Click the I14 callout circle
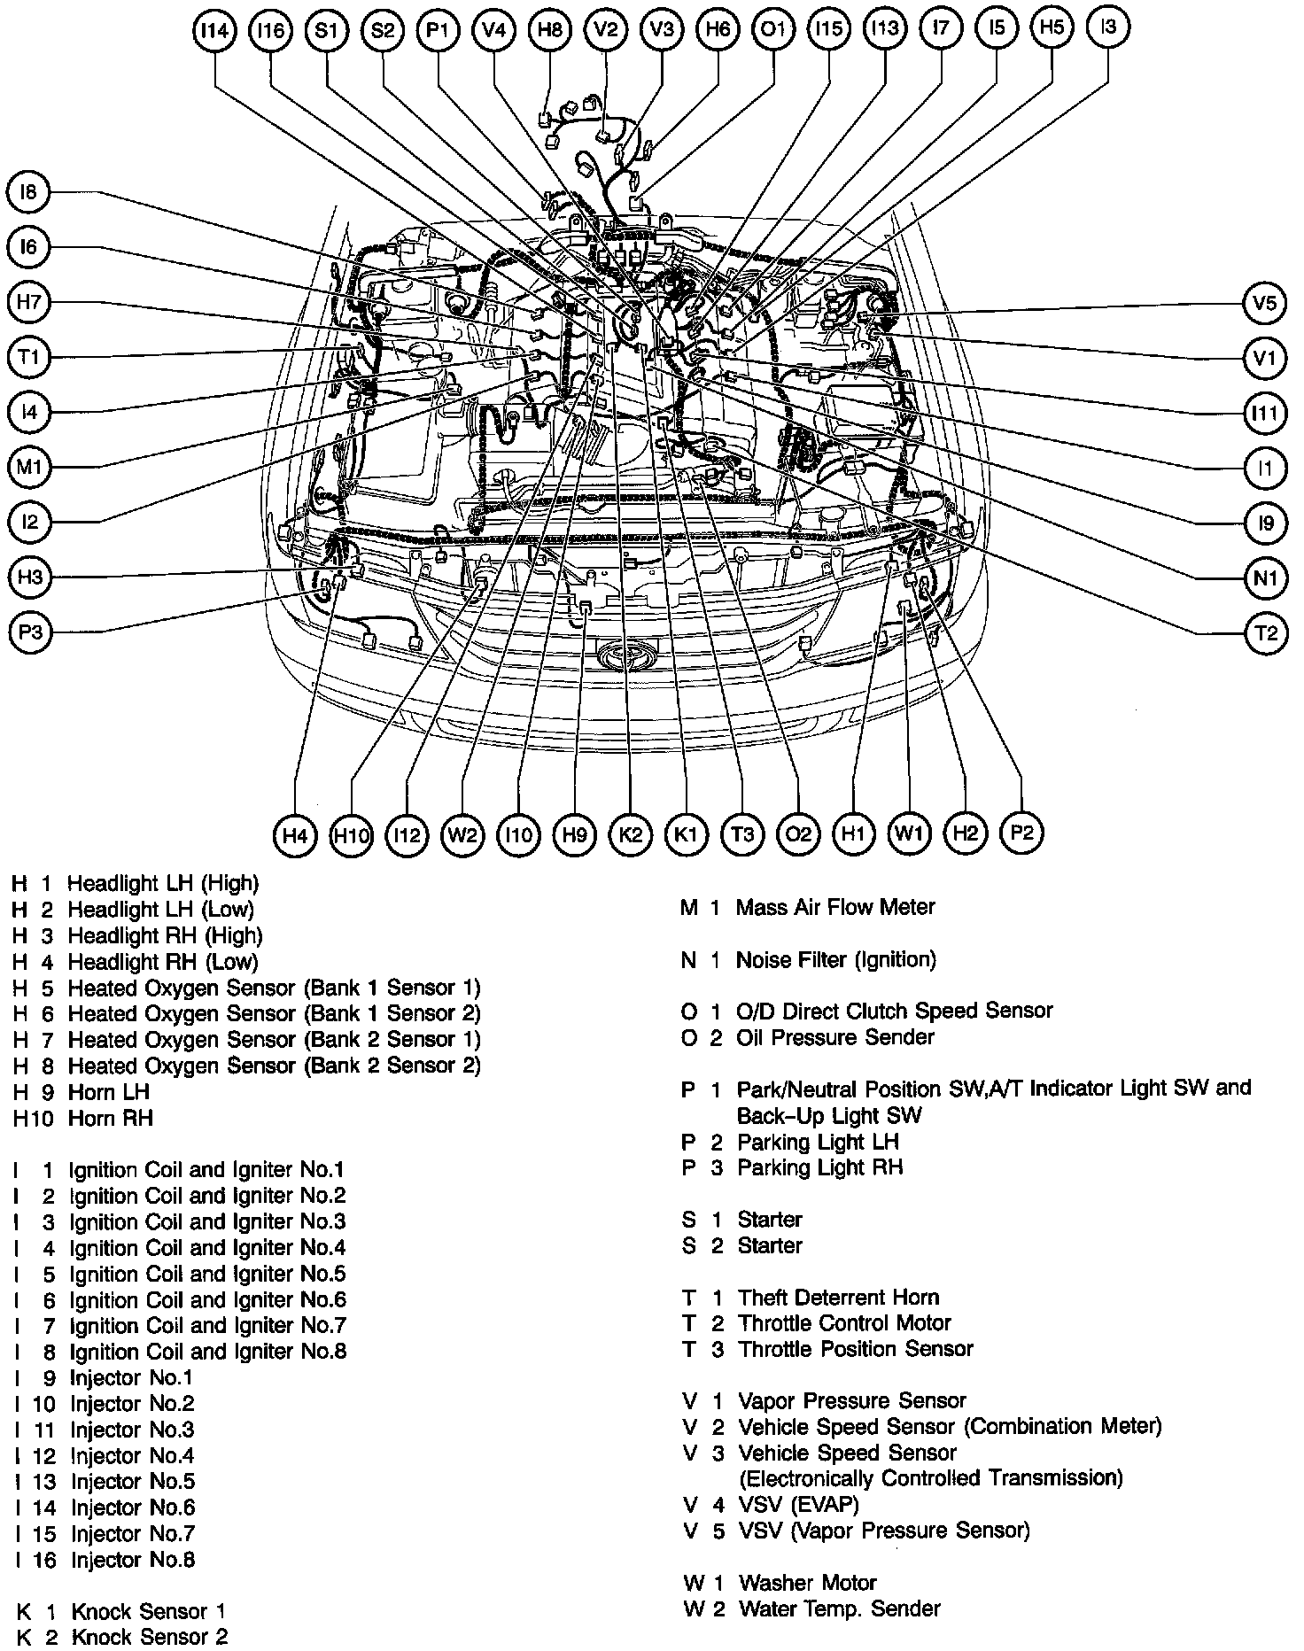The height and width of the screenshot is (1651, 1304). pyautogui.click(x=214, y=31)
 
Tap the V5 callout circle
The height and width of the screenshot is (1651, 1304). pyautogui.click(x=1264, y=304)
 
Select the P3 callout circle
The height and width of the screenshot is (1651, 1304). pyautogui.click(x=30, y=632)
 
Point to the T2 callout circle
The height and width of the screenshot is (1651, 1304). pyautogui.click(x=1265, y=632)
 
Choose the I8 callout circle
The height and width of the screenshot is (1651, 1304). pyautogui.click(x=30, y=194)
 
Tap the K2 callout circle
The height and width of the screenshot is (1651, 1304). pyautogui.click(x=630, y=834)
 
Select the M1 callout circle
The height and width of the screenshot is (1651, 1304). pyautogui.click(x=30, y=467)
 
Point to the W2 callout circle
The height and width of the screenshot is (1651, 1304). pyautogui.click(x=462, y=834)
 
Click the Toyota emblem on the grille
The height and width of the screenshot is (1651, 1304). pyautogui.click(x=628, y=656)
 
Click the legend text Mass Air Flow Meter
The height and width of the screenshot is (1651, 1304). pyautogui.click(x=834, y=907)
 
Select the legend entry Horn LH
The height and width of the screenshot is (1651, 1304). pyautogui.click(x=108, y=1091)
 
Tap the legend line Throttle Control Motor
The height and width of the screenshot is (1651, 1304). pyautogui.click(x=843, y=1323)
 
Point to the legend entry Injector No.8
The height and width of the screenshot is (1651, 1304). pyautogui.click(x=133, y=1559)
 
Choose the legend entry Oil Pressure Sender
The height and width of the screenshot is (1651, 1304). pyautogui.click(x=834, y=1036)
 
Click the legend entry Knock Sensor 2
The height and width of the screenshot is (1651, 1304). pyautogui.click(x=149, y=1637)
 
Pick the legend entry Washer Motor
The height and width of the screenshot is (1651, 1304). pyautogui.click(x=807, y=1582)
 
